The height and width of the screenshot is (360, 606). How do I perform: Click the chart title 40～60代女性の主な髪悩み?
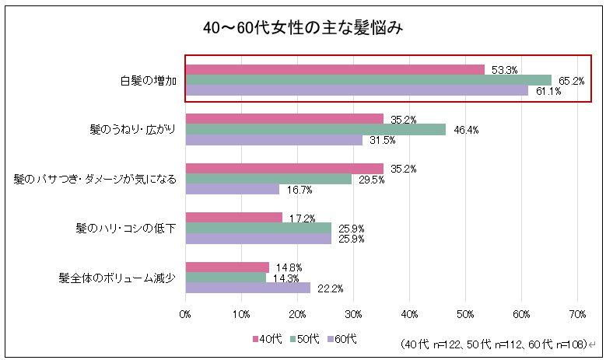(x=303, y=28)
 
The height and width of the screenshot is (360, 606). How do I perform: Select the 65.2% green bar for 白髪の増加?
(x=369, y=80)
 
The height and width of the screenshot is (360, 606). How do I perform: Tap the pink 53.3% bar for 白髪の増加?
(x=335, y=70)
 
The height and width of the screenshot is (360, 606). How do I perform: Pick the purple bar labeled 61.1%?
(x=357, y=90)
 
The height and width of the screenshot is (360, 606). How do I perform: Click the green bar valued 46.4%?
(x=316, y=130)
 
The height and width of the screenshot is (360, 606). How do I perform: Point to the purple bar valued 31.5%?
(x=274, y=140)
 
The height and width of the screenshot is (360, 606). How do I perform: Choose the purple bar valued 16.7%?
(x=233, y=189)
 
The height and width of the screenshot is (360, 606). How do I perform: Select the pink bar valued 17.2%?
(x=234, y=218)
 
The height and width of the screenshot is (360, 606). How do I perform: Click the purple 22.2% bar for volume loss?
(x=247, y=288)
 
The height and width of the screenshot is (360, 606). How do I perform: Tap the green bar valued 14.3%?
(x=226, y=278)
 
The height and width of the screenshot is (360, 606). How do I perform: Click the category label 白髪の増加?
(x=149, y=81)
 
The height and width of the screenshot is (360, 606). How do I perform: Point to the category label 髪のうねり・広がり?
(x=133, y=129)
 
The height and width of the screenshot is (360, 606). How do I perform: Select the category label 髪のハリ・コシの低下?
(x=126, y=229)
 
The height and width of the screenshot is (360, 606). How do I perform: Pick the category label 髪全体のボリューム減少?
(x=117, y=278)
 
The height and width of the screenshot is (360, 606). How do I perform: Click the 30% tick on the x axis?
(x=353, y=315)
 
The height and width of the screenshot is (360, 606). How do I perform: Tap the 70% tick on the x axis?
(x=577, y=315)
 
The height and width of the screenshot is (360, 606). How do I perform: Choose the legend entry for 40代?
(x=267, y=339)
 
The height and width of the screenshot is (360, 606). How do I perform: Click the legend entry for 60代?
(x=342, y=339)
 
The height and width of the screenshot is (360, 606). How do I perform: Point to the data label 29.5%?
(x=371, y=180)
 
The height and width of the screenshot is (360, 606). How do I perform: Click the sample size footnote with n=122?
(x=494, y=344)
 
